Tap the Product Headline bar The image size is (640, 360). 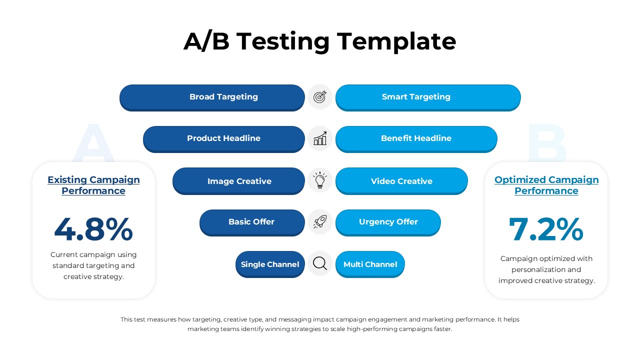coord(223,138)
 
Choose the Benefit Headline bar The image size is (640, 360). coord(416,138)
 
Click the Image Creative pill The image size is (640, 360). coord(239,181)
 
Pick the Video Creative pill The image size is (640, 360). coord(401,181)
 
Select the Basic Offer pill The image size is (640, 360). coord(251,222)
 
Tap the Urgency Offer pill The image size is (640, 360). coord(388,222)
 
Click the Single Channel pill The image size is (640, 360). coord(270,264)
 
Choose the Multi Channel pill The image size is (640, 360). coord(370,264)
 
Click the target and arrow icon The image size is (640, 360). coord(320,97)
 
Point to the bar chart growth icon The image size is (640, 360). coord(320,138)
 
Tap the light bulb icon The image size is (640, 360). coord(320,180)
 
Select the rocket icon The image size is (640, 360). coord(320,222)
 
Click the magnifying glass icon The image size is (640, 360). coord(320,263)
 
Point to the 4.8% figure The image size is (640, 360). coord(93,229)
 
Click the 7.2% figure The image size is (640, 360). coord(546,229)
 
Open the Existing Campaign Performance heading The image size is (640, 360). coord(93,185)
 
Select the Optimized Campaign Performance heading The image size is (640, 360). coord(546,185)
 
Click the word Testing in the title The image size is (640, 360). coord(283,41)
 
